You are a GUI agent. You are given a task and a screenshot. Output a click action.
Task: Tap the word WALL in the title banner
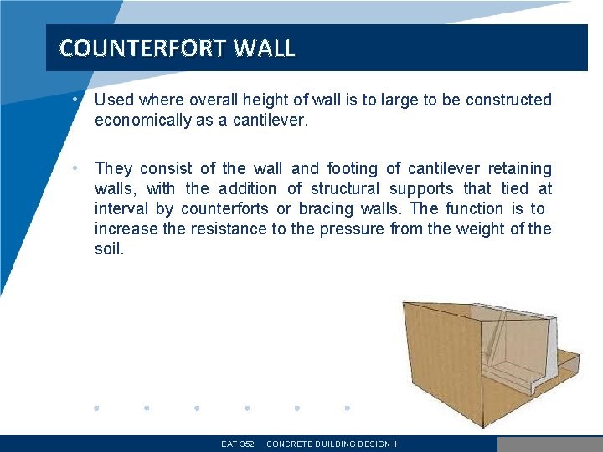[x=265, y=49]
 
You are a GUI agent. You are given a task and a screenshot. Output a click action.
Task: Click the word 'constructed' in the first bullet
[x=508, y=100]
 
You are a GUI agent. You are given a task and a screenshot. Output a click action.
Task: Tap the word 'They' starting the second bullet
[x=114, y=169]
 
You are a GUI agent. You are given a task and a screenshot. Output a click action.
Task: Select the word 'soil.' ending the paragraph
[x=109, y=249]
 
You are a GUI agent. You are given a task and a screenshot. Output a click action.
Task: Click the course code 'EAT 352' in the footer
[x=238, y=444]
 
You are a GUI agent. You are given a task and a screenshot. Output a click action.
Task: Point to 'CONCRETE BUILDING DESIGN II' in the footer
[x=331, y=444]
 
